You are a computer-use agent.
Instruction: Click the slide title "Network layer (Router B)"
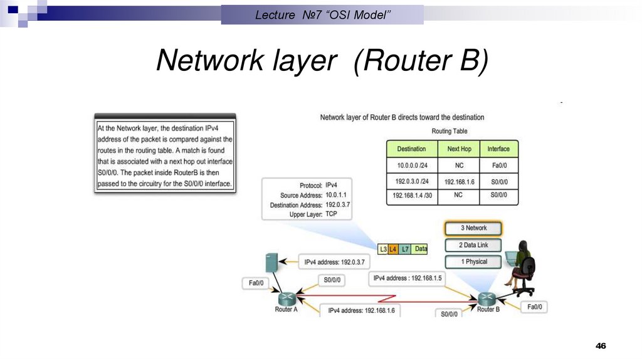point(321,61)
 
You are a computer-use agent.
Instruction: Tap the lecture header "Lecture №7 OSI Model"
point(322,15)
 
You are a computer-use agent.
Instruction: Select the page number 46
point(601,346)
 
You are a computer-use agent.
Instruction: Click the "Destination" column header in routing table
point(411,149)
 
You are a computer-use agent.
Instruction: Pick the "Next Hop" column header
point(459,149)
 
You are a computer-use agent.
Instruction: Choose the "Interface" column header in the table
point(499,149)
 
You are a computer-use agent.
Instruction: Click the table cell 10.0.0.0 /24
point(411,166)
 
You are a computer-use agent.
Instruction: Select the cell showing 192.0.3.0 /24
point(411,181)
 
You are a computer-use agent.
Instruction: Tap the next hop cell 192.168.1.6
point(459,181)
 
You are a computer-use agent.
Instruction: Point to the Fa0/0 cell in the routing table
point(499,166)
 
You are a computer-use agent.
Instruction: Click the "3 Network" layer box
point(474,228)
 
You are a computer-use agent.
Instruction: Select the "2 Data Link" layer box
point(474,245)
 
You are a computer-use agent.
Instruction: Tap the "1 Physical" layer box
point(474,262)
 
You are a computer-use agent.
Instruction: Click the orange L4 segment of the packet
point(393,250)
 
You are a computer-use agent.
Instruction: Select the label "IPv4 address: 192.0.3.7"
point(335,262)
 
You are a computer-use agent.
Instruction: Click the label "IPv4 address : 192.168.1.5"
point(408,278)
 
